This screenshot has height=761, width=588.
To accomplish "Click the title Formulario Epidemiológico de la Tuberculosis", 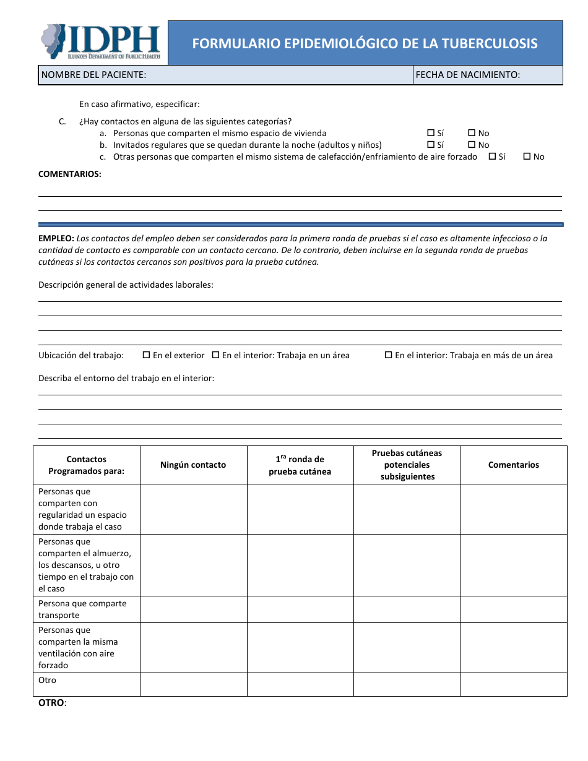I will click(365, 43).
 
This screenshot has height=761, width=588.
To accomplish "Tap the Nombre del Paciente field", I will click(225, 75).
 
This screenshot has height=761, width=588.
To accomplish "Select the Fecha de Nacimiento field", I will click(488, 75).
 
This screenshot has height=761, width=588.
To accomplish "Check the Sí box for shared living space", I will click(431, 133).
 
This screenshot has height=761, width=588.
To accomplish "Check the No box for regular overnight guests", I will click(472, 145).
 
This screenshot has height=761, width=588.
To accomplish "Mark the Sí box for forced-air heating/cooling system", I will click(492, 157).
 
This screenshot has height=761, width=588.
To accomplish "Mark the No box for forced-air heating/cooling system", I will click(527, 157).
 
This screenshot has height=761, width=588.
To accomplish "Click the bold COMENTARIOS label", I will click(70, 174).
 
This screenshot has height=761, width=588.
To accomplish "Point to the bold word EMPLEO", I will click(56, 238).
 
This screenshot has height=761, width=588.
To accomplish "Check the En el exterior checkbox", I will click(147, 355).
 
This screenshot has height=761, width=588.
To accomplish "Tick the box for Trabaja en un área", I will click(216, 355).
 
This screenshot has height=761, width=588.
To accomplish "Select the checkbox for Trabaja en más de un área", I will click(389, 355).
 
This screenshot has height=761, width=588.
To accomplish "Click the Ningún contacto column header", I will click(193, 465).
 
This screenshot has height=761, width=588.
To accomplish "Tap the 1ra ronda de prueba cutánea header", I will click(300, 465).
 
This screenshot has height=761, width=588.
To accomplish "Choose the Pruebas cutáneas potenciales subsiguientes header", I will click(407, 465).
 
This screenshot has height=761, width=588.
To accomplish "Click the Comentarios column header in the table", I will click(513, 465).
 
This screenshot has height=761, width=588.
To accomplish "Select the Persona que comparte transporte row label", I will click(82, 609).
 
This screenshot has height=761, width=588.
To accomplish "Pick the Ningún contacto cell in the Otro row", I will click(193, 684).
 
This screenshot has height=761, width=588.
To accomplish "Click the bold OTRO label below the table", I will click(52, 703).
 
